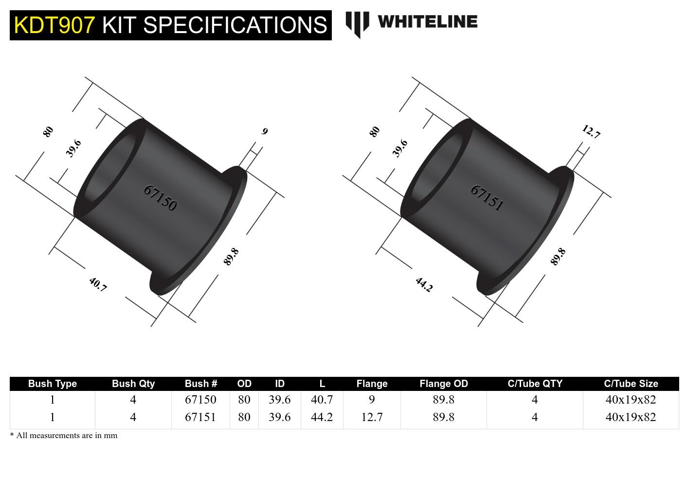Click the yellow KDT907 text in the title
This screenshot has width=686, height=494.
pos(54,25)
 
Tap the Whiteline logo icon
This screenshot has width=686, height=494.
pos(357,24)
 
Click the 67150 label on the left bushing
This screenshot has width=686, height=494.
pos(160,198)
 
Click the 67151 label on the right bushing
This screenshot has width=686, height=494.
pos(487,198)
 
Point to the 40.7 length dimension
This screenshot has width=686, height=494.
pos(98,284)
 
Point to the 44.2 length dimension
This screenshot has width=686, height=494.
pos(424,284)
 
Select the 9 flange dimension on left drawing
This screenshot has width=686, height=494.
pos(265,131)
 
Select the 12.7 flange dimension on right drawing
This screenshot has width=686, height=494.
pos(591,132)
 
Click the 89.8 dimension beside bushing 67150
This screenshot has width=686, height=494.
pos(231,257)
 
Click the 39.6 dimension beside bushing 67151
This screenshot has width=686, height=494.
pos(400,148)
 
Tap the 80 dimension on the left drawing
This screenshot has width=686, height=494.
pos(48,132)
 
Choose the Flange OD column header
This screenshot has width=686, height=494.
pos(443,384)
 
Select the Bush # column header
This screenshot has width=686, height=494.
pos(200,384)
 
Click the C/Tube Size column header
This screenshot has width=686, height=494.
pos(631,384)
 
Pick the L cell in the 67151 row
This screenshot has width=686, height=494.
pos(322,417)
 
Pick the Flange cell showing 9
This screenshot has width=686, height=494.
pos(372,400)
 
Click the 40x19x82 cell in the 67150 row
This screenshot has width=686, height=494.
pos(631,400)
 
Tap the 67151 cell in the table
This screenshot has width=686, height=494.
pos(200,417)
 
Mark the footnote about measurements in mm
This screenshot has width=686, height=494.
pos(64,436)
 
